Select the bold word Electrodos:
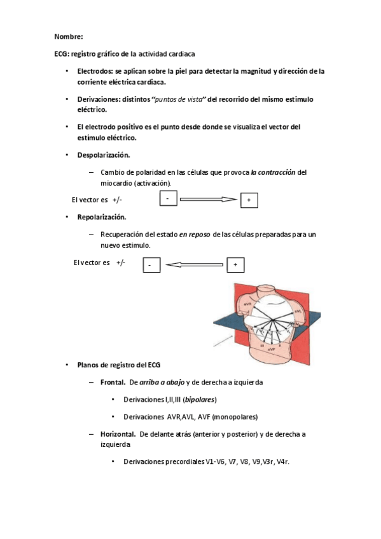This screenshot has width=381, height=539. (95, 72)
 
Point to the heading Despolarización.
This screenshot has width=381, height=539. (104, 154)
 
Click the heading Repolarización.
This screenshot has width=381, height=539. (102, 217)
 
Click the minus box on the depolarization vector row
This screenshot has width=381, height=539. (167, 200)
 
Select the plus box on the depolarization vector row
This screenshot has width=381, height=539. (248, 201)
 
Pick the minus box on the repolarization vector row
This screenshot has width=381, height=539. (151, 264)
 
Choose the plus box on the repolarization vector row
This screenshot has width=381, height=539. (235, 264)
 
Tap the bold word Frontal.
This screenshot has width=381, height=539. (113, 383)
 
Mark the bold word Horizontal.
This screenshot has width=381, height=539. (118, 434)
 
